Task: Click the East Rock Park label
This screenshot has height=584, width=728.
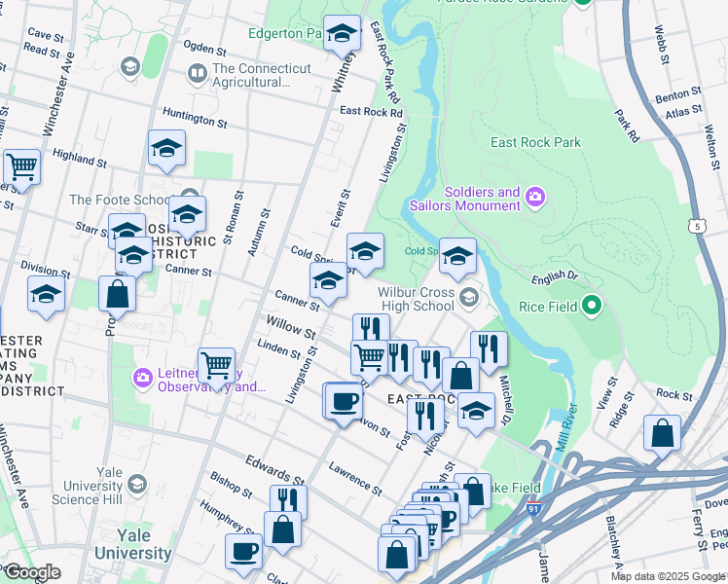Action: (535, 142)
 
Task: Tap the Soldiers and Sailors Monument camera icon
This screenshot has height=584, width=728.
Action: (535, 200)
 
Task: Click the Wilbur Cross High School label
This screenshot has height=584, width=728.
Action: (417, 298)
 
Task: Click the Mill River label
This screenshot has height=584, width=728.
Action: (571, 428)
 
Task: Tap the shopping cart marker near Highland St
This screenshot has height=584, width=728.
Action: (21, 166)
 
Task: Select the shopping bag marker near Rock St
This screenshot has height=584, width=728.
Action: (662, 434)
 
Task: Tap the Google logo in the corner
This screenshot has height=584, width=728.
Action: (32, 571)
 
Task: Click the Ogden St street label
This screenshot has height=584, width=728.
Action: (204, 49)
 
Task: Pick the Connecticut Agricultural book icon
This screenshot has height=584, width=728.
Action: (198, 73)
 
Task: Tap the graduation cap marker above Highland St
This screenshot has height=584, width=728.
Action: (166, 148)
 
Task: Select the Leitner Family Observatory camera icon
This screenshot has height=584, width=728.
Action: (143, 377)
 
